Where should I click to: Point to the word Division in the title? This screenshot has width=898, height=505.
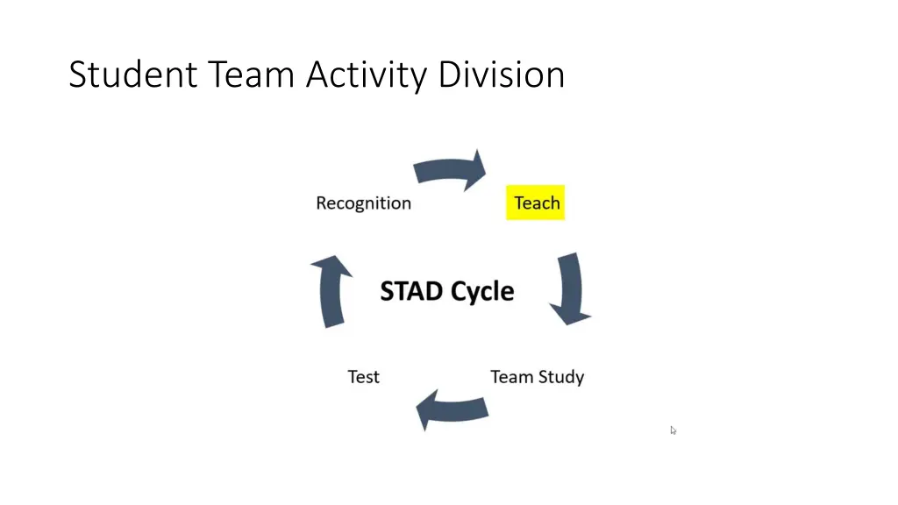click(502, 75)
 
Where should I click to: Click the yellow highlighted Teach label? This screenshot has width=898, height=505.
click(536, 203)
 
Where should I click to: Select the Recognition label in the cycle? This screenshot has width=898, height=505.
click(363, 203)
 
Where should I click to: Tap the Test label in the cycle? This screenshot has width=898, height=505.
click(363, 377)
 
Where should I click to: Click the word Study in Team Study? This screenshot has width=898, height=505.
click(562, 378)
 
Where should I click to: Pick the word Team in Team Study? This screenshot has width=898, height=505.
click(512, 377)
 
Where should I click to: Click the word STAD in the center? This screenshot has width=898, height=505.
click(410, 291)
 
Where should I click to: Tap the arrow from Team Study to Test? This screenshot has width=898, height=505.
click(451, 409)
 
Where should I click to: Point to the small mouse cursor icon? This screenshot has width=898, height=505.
click(673, 430)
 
